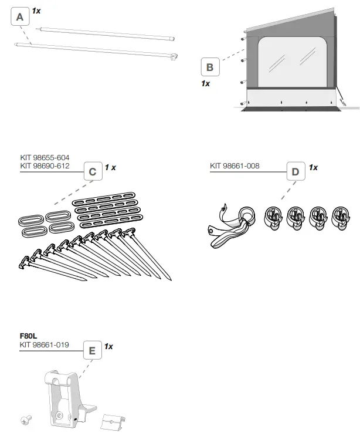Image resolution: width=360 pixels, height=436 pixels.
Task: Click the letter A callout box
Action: (x=20, y=18)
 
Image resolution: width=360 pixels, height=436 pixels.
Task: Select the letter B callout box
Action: (x=210, y=67)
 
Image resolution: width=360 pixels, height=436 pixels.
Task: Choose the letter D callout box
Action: (x=295, y=172)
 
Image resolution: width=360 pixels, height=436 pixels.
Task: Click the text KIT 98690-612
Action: (x=45, y=166)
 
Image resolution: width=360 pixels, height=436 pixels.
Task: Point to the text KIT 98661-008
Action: (x=235, y=166)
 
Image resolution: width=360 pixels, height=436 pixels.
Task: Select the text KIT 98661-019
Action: (x=45, y=345)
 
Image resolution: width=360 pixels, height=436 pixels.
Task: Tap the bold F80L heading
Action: (x=29, y=337)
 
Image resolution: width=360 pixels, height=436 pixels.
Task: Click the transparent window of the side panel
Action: (x=290, y=62)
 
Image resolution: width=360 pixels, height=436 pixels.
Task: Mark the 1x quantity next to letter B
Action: (x=205, y=84)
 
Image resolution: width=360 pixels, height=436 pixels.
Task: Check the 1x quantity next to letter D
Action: (x=313, y=167)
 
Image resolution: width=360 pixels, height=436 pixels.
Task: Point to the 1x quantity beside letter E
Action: (x=108, y=346)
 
